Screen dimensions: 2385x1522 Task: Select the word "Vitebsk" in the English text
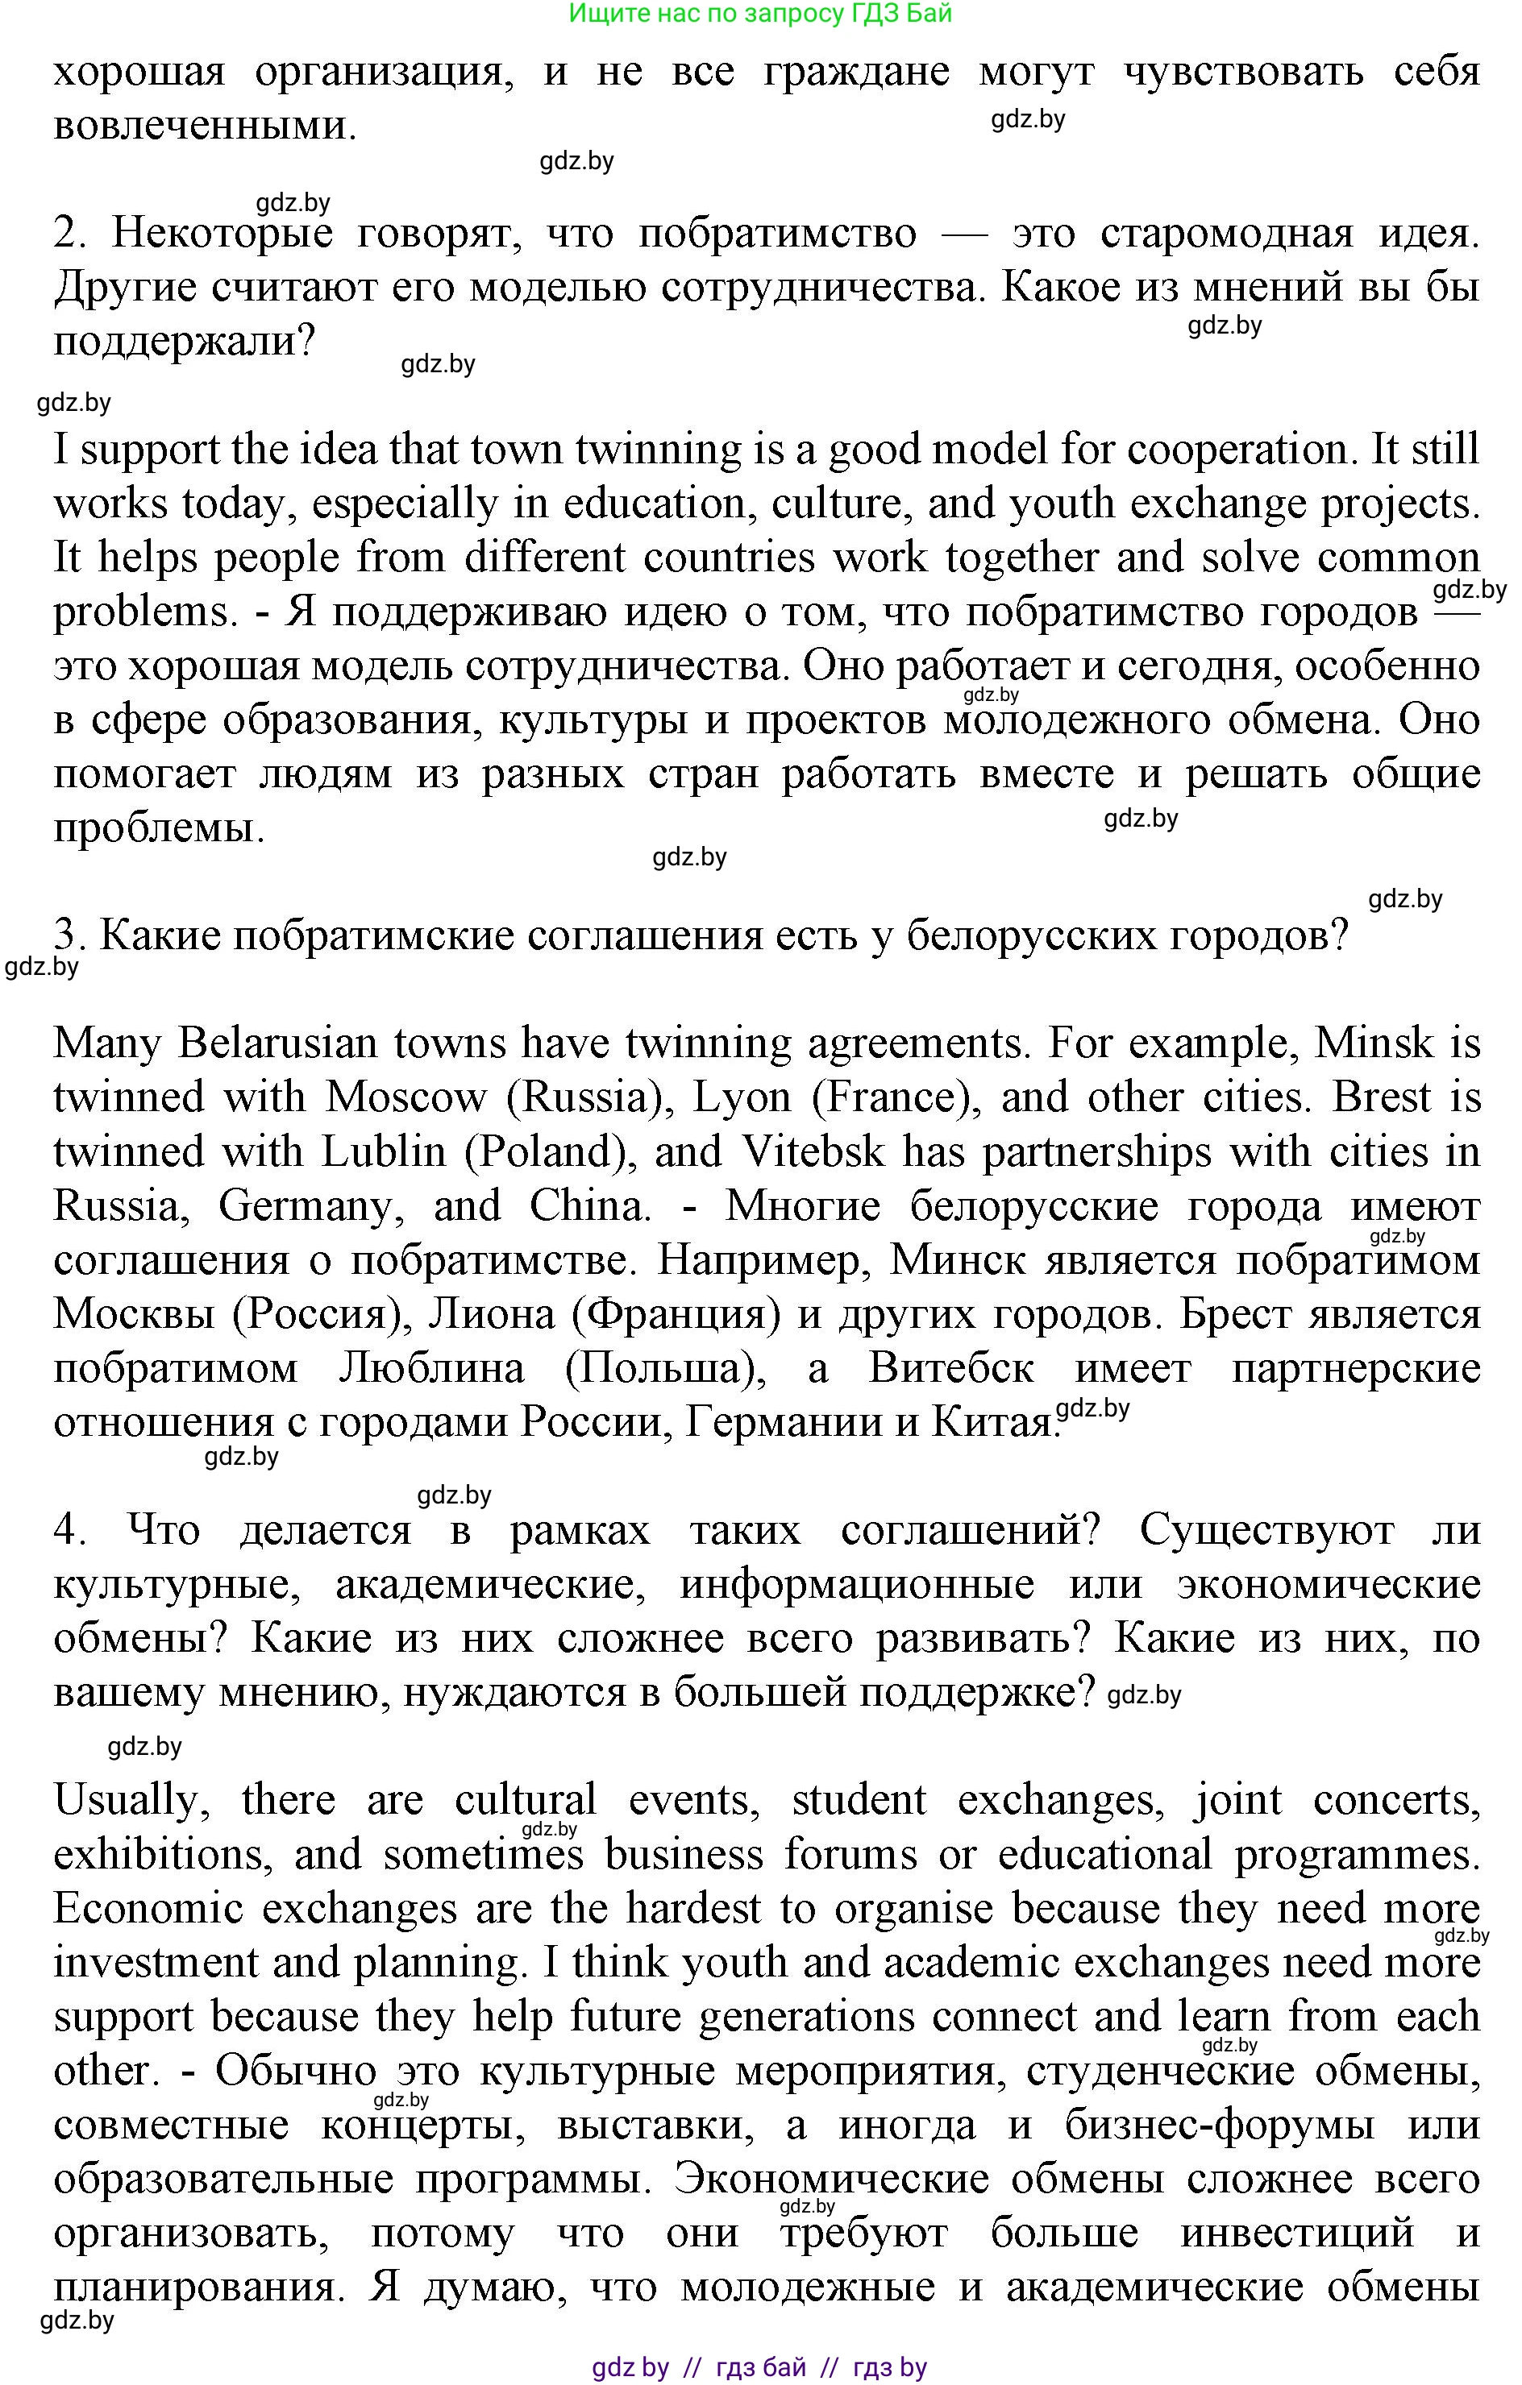click(x=812, y=1152)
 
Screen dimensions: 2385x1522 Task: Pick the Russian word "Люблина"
click(x=431, y=1369)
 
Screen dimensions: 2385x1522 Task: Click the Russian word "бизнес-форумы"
click(x=1220, y=2126)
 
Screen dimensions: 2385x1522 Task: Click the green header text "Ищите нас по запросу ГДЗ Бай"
click(x=760, y=14)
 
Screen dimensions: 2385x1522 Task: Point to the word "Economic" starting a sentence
click(x=148, y=1909)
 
